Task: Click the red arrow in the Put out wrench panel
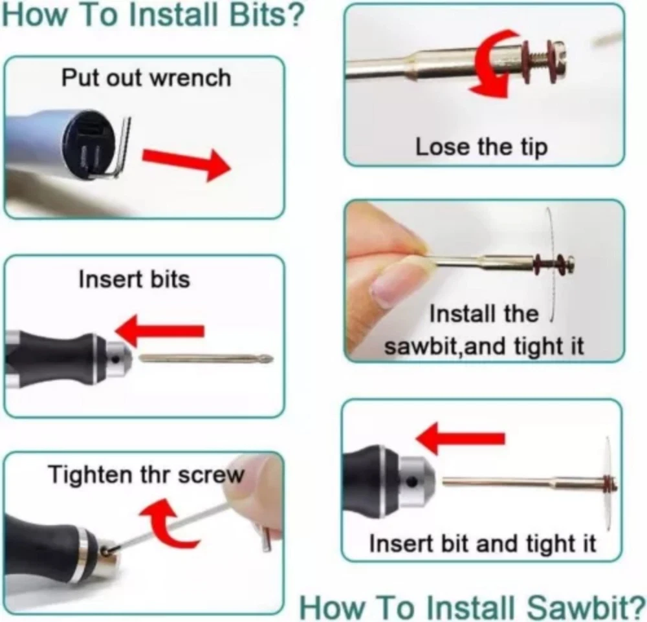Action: click(x=186, y=164)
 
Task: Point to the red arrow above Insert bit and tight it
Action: click(x=460, y=438)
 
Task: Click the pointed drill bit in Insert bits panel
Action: click(x=206, y=358)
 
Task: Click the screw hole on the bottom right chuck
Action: click(x=411, y=481)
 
